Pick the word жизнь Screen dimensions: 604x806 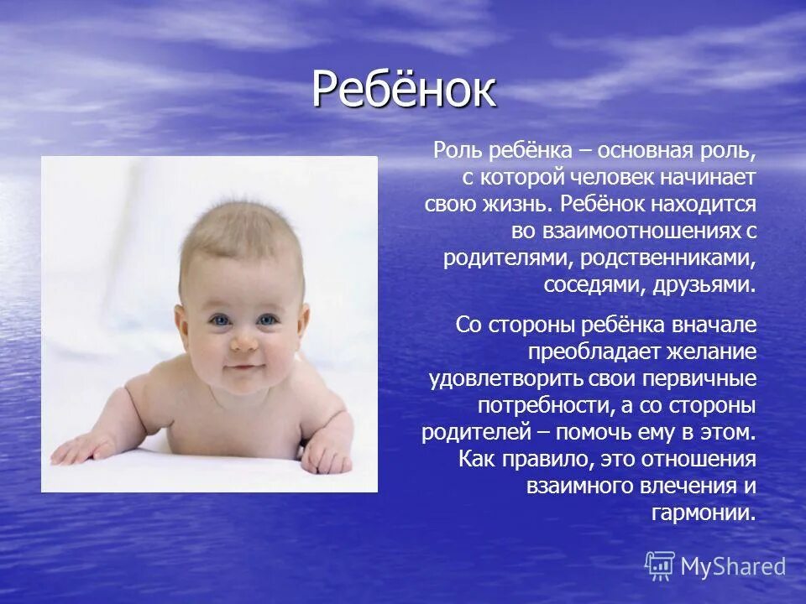(x=514, y=204)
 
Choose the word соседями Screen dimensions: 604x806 (x=593, y=284)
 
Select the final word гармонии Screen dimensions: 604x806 (x=704, y=513)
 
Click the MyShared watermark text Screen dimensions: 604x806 (x=732, y=567)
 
